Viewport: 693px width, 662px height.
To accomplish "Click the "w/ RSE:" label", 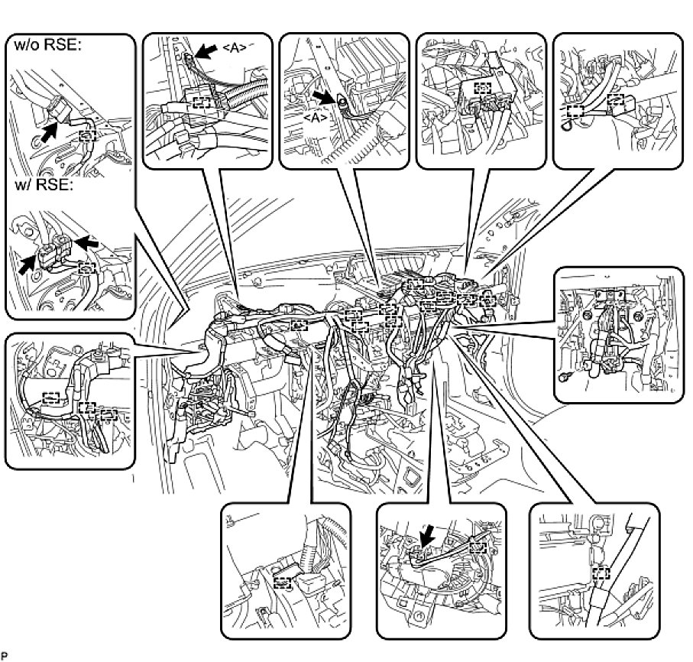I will pyautogui.click(x=41, y=186).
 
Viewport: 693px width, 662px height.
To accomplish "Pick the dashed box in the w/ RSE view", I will pyautogui.click(x=88, y=268).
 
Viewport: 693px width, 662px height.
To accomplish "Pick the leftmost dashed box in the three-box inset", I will pyautogui.click(x=51, y=397).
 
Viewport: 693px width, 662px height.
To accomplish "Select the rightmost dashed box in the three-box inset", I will pyautogui.click(x=109, y=414).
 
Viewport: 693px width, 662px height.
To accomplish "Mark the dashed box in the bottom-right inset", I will pyautogui.click(x=601, y=573).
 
